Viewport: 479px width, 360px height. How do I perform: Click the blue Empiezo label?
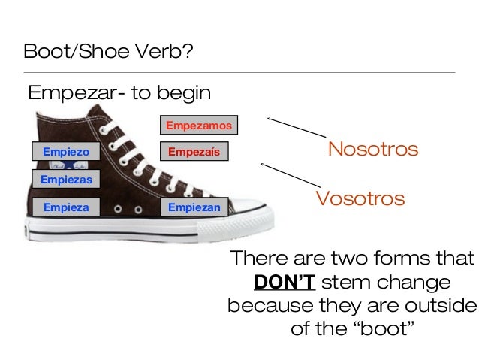pos(65,152)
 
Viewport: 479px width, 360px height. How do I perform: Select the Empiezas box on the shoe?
pos(66,180)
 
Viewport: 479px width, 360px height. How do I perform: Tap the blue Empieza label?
pos(66,207)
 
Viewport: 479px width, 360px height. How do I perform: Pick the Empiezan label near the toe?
pos(194,207)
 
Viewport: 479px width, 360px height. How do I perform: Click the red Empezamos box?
pos(199,125)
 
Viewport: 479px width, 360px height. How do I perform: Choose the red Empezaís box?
pos(194,152)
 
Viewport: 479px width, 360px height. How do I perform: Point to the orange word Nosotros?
pos(372,149)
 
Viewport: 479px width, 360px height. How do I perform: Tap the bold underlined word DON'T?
pos(284,283)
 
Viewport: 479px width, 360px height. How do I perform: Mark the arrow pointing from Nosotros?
pos(296,126)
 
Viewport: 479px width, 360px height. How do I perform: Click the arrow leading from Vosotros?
pos(289,174)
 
